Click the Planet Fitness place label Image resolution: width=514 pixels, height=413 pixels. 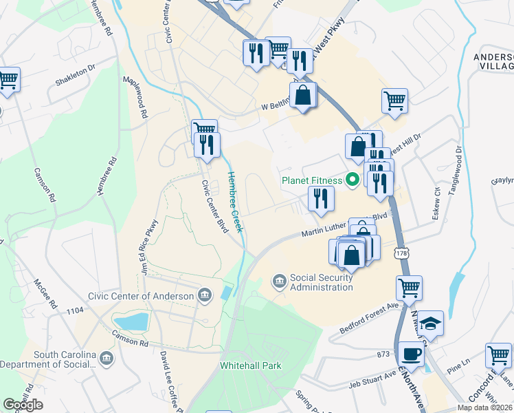311,181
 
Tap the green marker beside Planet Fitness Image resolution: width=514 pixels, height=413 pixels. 353,181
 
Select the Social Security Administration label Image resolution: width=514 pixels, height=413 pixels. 321,282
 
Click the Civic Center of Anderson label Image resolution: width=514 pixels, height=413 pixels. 141,295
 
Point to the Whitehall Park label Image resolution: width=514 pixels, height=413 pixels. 251,366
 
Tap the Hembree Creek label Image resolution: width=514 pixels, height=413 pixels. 236,202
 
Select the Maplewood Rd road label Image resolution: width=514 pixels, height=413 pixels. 135,99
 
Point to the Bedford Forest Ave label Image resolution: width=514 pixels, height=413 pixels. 369,319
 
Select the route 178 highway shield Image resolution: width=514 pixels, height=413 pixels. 401,254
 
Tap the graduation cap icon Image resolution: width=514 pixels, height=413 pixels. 432,324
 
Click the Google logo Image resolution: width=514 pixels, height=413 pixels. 22,404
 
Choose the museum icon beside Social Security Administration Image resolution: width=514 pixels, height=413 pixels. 280,280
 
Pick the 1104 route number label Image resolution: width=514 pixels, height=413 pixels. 75,312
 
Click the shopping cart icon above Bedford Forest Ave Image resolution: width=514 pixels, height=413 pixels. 409,288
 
